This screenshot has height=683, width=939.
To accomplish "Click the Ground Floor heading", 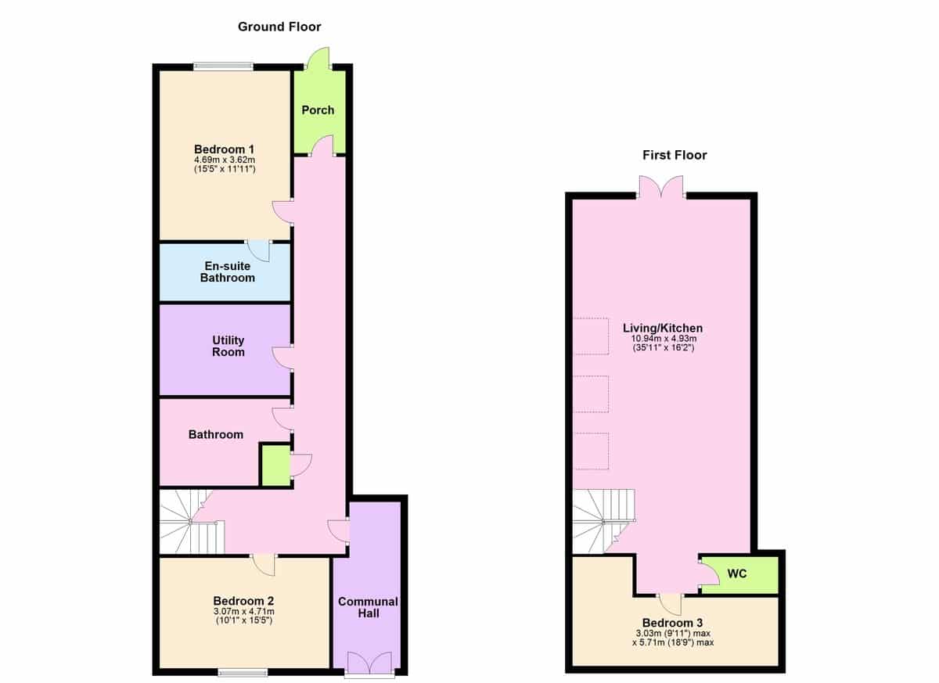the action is [279, 27].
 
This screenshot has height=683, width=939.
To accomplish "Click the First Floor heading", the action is [675, 155].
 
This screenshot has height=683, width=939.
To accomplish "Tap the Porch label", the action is [318, 110].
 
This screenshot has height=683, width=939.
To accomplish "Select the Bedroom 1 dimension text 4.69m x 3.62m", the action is [225, 160].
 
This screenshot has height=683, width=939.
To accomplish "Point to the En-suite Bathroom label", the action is [227, 272].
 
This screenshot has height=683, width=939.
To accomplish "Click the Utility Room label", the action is [228, 346].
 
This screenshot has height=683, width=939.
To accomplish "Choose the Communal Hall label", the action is [368, 607].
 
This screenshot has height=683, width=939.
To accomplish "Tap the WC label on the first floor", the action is [737, 573].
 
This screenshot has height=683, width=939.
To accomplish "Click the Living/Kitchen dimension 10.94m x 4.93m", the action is [664, 338].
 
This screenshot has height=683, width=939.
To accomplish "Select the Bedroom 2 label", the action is [243, 600].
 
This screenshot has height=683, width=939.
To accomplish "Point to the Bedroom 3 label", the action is [672, 622].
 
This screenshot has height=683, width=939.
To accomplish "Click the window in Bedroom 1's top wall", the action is [224, 66].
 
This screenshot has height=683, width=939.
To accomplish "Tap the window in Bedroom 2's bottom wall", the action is [243, 673].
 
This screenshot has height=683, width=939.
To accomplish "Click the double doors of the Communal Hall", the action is [369, 663].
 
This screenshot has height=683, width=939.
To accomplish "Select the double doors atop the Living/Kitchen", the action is [661, 187].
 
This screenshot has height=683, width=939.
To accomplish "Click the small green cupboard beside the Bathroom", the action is [276, 466].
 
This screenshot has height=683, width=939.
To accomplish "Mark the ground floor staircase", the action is [192, 522].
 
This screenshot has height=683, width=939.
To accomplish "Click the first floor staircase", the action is [604, 521].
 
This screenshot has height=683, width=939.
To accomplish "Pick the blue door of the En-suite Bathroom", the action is [258, 251].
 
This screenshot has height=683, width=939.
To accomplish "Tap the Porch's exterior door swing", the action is [318, 58].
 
